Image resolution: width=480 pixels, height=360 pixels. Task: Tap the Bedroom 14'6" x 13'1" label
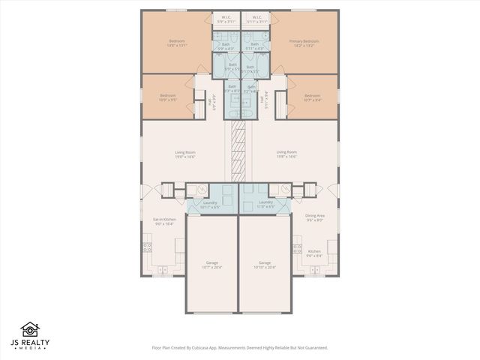[177, 43]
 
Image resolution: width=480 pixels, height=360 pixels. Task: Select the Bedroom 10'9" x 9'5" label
[167, 97]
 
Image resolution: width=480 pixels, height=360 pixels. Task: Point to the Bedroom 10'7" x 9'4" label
[312, 97]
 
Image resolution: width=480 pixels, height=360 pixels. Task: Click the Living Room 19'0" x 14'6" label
[184, 154]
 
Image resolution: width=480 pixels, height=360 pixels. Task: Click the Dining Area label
[314, 218]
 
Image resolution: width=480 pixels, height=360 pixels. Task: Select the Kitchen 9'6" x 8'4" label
[314, 253]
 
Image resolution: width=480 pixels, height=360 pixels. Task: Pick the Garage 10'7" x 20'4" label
[212, 265]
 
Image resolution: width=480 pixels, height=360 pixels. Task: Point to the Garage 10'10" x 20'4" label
[265, 265]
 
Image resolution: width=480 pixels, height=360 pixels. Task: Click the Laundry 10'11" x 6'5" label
[211, 204]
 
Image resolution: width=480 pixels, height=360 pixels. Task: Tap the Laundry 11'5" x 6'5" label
[265, 204]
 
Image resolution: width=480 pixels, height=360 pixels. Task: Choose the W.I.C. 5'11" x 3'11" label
[256, 19]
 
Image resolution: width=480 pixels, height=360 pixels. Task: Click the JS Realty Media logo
[30, 337]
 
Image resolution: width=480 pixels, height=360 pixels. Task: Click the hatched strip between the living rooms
[239, 150]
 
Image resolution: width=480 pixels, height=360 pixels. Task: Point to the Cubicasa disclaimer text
[239, 348]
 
